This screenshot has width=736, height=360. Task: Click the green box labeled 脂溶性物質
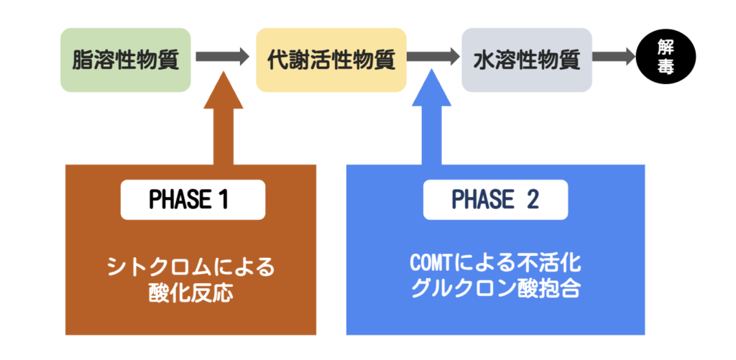(x=125, y=60)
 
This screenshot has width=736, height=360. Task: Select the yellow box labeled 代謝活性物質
(x=331, y=60)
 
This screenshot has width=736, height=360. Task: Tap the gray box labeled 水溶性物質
(x=527, y=60)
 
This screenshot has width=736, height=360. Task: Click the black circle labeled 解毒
(x=666, y=58)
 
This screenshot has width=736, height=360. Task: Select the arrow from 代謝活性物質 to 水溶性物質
(x=433, y=57)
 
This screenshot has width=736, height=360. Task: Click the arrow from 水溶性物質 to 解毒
(x=613, y=57)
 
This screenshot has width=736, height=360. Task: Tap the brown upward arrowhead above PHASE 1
(x=224, y=90)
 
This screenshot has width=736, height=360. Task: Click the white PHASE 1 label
(x=193, y=200)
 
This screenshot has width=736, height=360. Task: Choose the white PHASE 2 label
(x=495, y=200)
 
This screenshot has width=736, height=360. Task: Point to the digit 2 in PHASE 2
(x=533, y=200)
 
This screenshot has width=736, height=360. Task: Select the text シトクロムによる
(x=190, y=268)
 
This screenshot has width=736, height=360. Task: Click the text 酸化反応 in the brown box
(x=190, y=293)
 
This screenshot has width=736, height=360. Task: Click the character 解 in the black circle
(x=666, y=49)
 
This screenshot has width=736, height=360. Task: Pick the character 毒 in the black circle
(x=666, y=68)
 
